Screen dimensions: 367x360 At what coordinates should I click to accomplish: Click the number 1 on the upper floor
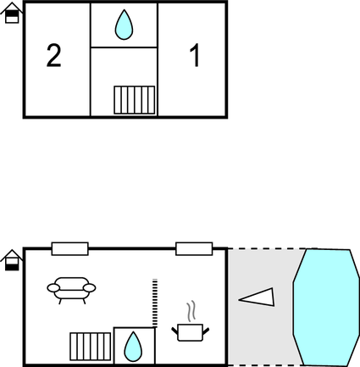tap(195, 57)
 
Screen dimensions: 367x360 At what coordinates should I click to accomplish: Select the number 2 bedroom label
tap(53, 57)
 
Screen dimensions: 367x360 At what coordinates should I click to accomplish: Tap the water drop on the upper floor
tap(124, 25)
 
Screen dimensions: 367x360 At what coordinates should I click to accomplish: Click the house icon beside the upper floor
tap(11, 14)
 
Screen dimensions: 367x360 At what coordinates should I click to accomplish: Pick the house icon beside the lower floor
tap(11, 261)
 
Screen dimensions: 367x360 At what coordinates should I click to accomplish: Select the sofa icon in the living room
tap(70, 290)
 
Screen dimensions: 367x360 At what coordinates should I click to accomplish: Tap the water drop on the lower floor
tap(134, 346)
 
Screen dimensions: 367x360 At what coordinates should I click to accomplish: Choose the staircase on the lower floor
tap(91, 347)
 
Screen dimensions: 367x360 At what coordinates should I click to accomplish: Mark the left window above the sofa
tap(69, 248)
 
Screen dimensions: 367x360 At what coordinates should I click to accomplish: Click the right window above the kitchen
tap(193, 248)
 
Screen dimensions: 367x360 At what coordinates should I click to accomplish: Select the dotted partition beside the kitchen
tap(154, 302)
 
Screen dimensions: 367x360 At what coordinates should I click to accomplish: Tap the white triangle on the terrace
tap(257, 297)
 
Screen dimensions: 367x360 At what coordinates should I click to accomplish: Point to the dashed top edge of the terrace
tap(267, 249)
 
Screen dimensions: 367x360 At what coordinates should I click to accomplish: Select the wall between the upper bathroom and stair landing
tap(124, 47)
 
